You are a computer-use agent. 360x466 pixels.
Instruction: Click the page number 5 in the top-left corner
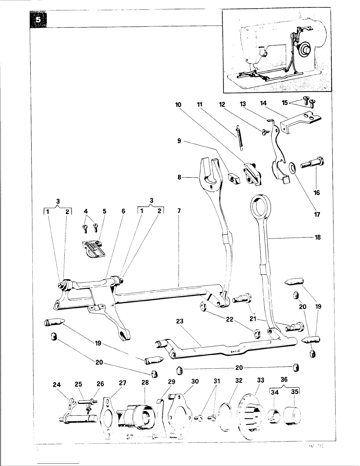38,20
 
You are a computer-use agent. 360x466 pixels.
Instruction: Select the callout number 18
317,237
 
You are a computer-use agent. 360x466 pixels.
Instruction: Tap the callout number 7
179,211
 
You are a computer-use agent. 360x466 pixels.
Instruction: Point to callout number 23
179,321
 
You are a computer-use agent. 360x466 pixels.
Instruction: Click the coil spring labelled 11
239,138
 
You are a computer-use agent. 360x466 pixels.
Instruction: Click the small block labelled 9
234,178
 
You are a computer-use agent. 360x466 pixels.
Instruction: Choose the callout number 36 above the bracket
284,380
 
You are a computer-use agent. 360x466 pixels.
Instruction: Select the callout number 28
145,382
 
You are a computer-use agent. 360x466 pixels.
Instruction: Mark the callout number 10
178,105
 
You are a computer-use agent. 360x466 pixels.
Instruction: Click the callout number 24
57,385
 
